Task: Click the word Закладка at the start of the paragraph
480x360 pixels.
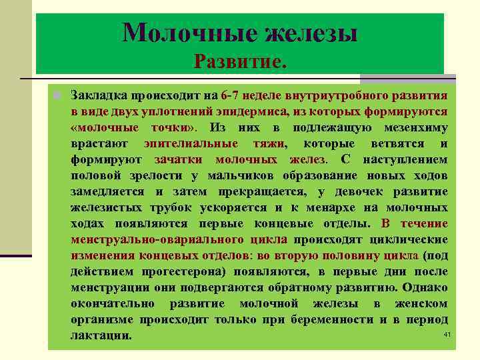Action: [x=99, y=95]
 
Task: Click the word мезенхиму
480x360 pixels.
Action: [x=414, y=127]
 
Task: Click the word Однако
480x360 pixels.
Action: [x=423, y=287]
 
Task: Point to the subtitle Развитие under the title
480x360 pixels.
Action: [x=239, y=61]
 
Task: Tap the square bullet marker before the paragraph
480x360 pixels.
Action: [x=58, y=95]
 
